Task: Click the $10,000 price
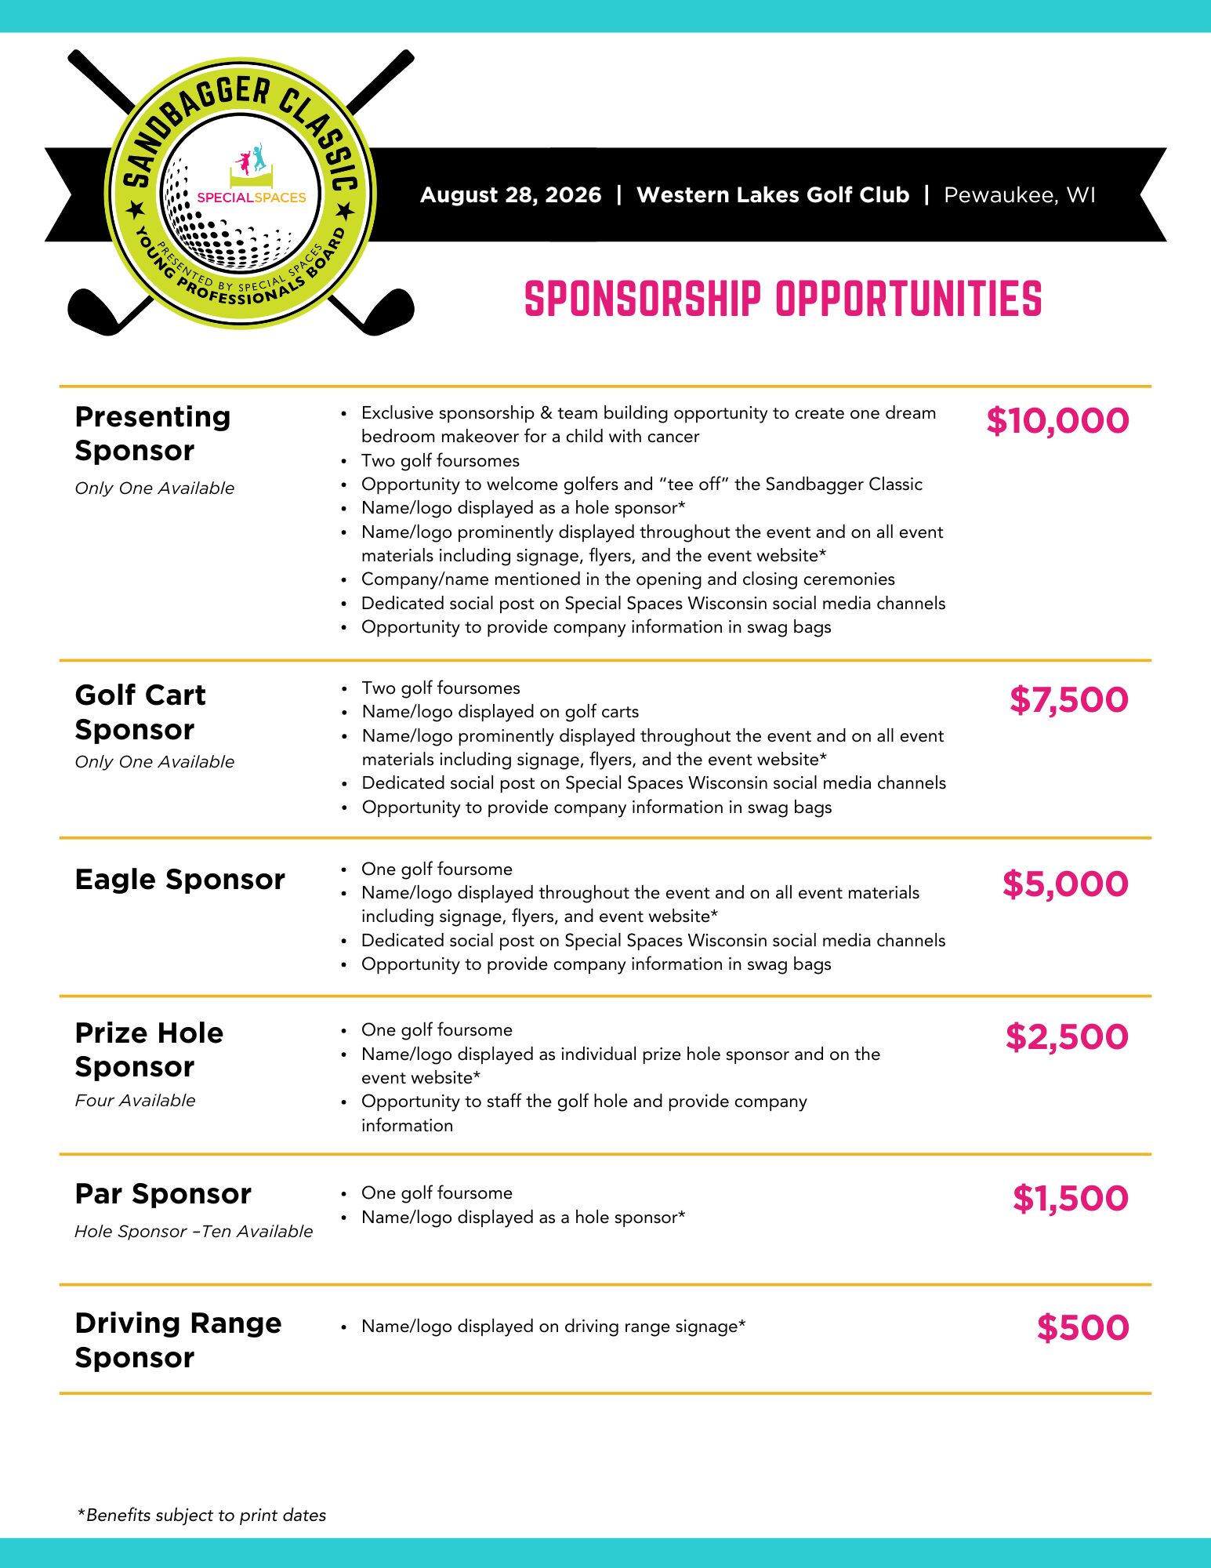(1057, 421)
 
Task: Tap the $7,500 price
(1069, 700)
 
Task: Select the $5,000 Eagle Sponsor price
(1065, 884)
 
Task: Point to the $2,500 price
(1067, 1037)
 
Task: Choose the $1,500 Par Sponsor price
(1071, 1199)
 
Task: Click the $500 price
(1083, 1328)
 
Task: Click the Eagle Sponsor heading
(179, 880)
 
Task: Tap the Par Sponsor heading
(163, 1194)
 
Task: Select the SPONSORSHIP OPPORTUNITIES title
(783, 299)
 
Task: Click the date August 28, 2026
(510, 195)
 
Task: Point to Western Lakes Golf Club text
(773, 195)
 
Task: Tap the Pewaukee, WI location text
(1019, 195)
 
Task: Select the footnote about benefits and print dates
(201, 1515)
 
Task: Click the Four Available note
(135, 1100)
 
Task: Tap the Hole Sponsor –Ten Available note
(194, 1231)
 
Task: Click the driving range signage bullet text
(553, 1327)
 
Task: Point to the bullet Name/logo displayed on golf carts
(500, 712)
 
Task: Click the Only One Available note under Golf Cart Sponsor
(154, 761)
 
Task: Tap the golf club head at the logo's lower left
(97, 310)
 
